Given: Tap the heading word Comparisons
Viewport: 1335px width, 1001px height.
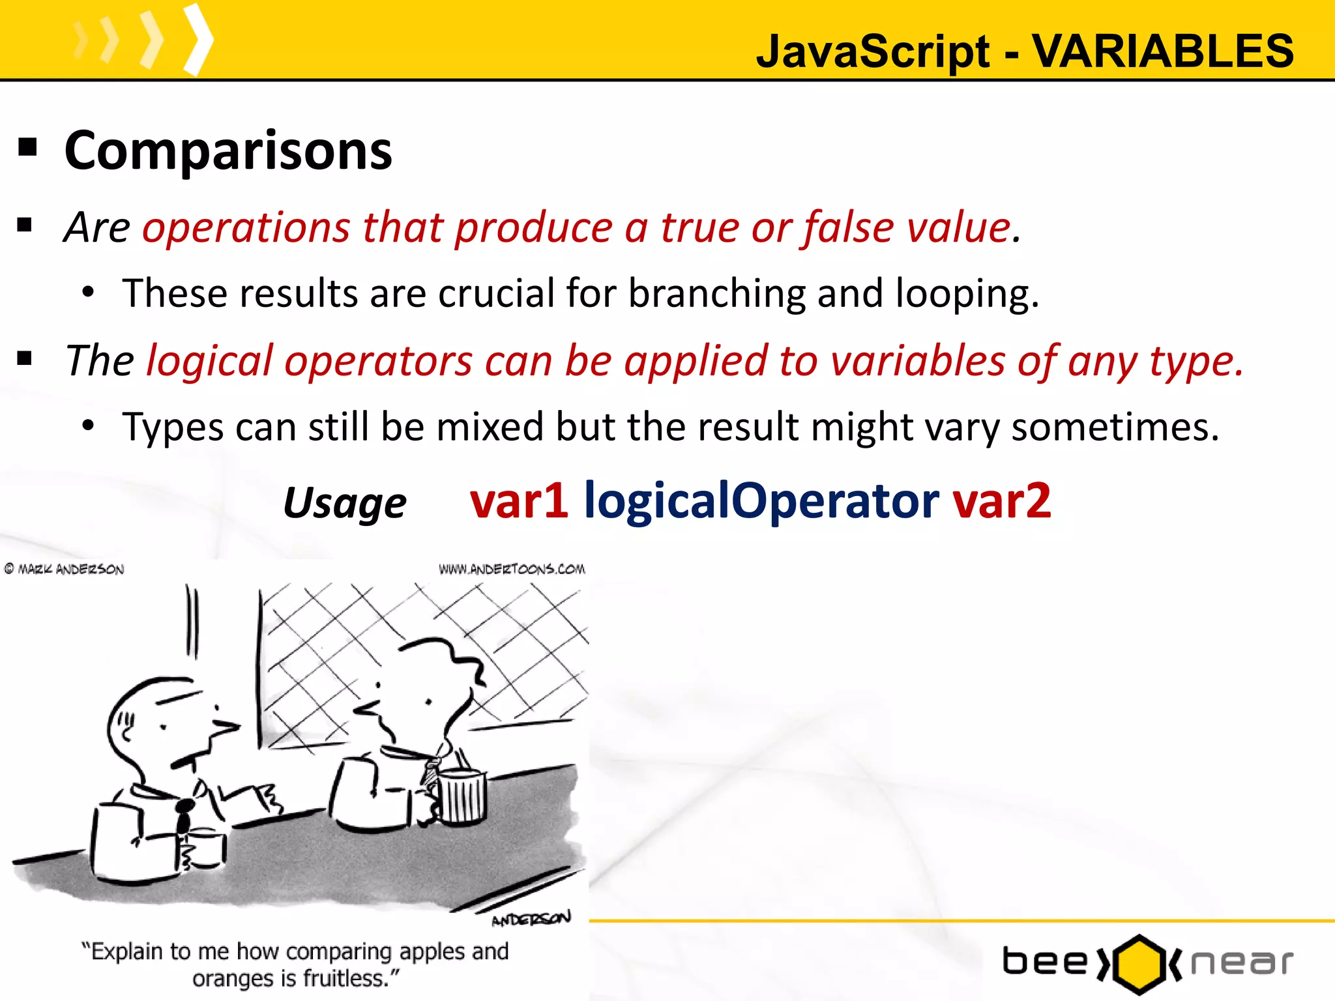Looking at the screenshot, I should click(228, 151).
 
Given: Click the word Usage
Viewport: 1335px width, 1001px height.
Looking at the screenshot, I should click(345, 504).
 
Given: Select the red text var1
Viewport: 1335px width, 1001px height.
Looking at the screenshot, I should click(519, 501).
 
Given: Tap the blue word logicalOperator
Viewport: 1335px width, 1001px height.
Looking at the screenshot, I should click(761, 501).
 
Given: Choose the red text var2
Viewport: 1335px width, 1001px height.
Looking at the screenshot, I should click(1002, 501).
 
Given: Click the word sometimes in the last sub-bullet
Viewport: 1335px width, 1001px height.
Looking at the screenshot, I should click(1115, 428).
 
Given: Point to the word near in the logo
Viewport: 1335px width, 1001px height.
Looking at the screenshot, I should click(1242, 963).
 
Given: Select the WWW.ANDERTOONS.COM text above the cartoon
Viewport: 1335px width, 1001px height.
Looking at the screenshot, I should click(512, 569).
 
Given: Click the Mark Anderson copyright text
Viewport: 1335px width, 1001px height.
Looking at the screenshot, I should click(65, 569).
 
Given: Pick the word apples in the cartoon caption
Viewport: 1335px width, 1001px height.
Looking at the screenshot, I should click(433, 951).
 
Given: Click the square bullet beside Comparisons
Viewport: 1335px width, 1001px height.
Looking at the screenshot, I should click(27, 148).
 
